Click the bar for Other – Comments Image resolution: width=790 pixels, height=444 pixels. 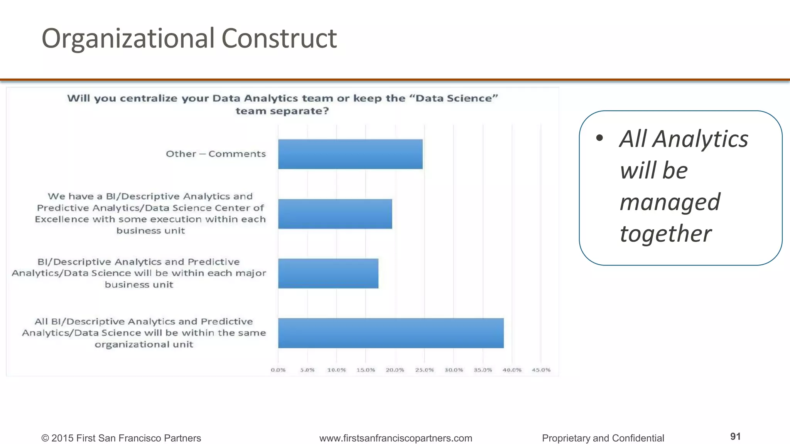(x=350, y=154)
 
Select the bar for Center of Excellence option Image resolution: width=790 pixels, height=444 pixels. (x=335, y=214)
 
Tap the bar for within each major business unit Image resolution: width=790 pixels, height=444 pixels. (x=328, y=273)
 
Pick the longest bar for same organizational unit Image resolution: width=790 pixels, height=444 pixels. (x=391, y=333)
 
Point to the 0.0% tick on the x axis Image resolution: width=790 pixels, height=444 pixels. (x=278, y=370)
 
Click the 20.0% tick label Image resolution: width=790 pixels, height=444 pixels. (x=395, y=370)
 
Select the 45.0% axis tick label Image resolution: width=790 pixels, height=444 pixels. (x=541, y=370)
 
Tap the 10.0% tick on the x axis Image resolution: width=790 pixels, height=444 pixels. (x=336, y=370)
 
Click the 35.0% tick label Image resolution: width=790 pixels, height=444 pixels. (x=483, y=370)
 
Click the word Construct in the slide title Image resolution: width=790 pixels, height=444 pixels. (x=279, y=39)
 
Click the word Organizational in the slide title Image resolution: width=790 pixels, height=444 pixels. (x=128, y=39)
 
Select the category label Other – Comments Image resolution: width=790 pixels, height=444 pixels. (x=216, y=154)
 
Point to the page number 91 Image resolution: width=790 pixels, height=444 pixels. (x=735, y=436)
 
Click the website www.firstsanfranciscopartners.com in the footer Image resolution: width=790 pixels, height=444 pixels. (x=395, y=438)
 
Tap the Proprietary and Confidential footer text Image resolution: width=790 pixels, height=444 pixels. (x=603, y=438)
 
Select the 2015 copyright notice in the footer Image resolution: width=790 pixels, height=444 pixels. (x=121, y=438)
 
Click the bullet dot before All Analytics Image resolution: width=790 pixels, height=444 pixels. (x=599, y=138)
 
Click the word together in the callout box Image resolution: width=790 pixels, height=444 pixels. (x=665, y=234)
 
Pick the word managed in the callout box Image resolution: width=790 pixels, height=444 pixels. (x=670, y=202)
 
